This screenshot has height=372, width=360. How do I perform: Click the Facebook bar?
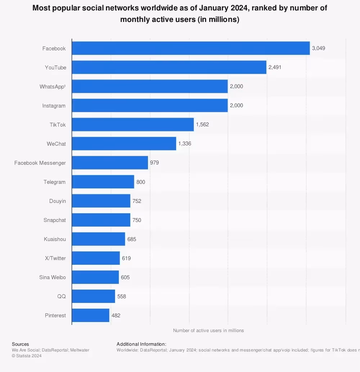coord(191,48)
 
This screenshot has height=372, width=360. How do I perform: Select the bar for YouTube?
coord(169,67)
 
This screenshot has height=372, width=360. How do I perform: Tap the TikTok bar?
coord(133,124)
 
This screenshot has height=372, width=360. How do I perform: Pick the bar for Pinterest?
coord(91,316)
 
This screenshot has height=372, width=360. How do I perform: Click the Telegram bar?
coord(103,182)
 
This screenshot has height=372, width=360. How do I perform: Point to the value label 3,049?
coord(319,48)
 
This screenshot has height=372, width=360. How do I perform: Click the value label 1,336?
coord(185,144)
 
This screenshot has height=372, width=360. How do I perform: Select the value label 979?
coord(154,163)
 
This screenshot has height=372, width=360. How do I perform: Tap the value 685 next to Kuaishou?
coord(132,239)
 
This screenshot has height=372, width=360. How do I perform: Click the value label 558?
coord(122,296)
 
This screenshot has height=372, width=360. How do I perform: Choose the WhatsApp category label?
coord(53,87)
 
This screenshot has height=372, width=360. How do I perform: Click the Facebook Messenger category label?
coord(40,163)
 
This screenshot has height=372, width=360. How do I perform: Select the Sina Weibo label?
coord(53,277)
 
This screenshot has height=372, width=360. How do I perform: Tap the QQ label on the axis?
coord(62,296)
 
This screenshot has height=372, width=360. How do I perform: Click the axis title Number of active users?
coord(208,330)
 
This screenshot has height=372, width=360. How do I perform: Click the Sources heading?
coord(20,344)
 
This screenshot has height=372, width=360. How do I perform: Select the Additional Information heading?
coord(141,344)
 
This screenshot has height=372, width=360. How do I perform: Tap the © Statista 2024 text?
coord(27,356)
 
